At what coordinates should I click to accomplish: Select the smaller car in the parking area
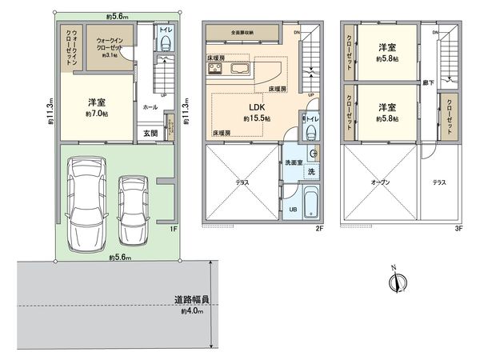pyautogui.click(x=134, y=209)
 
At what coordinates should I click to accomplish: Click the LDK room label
pyautogui.click(x=257, y=107)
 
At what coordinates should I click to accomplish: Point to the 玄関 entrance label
pyautogui.click(x=150, y=134)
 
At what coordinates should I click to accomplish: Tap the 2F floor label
pyautogui.click(x=318, y=228)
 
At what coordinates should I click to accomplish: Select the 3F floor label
pyautogui.click(x=458, y=228)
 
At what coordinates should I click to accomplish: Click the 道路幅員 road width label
pyautogui.click(x=192, y=300)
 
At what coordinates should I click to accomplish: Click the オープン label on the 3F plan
pyautogui.click(x=381, y=182)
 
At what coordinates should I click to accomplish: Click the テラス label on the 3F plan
pyautogui.click(x=439, y=182)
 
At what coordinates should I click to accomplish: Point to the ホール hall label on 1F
pyautogui.click(x=150, y=106)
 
